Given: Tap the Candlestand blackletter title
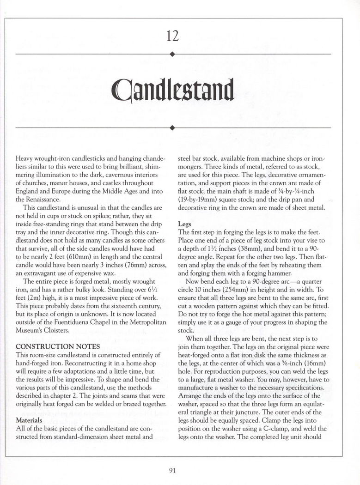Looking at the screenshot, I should click(x=173, y=91).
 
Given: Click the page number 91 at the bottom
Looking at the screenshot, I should click(x=173, y=471).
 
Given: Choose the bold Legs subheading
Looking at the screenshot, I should click(x=185, y=224).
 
